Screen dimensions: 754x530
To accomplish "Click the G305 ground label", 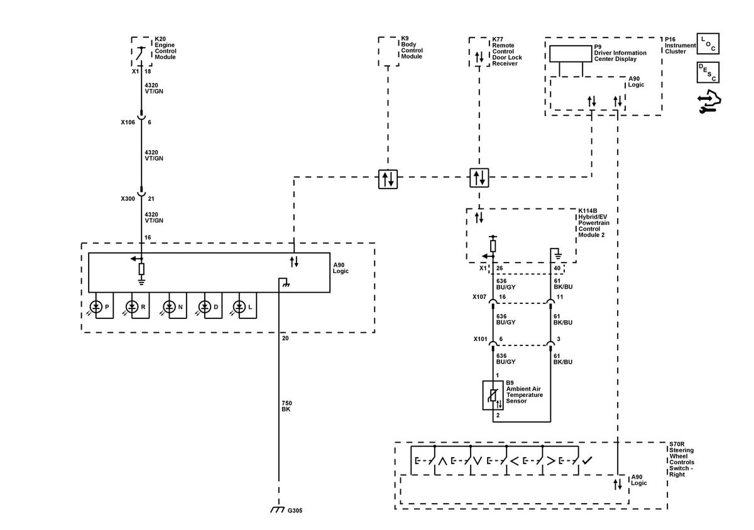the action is [295, 511].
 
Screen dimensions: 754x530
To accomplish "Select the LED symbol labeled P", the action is [96, 307].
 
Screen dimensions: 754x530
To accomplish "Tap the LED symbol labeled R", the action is [132, 307].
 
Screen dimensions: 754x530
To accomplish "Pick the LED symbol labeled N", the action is [169, 307].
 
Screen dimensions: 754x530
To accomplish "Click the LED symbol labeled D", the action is [205, 307].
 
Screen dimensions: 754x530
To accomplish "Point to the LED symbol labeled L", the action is [239, 307].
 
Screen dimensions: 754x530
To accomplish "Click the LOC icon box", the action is [708, 43].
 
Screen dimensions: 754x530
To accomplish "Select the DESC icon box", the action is [708, 72].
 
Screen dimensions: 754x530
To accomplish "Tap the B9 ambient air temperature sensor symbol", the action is [493, 395].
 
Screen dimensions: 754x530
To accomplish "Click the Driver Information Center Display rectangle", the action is [571, 53].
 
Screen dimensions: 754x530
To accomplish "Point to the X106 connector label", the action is [128, 122].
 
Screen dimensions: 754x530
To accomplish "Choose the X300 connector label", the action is [128, 198].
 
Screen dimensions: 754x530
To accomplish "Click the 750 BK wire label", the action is [287, 406].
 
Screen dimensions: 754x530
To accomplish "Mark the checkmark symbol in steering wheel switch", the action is [587, 460].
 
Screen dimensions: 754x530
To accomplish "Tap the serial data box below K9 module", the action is [388, 179].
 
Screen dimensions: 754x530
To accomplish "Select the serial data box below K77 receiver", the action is [479, 178].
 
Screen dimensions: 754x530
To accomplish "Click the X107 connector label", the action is [479, 297].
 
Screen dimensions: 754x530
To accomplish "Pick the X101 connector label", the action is [480, 339].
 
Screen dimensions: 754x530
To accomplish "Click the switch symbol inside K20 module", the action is [141, 53].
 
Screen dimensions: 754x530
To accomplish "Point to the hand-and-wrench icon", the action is [709, 102].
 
